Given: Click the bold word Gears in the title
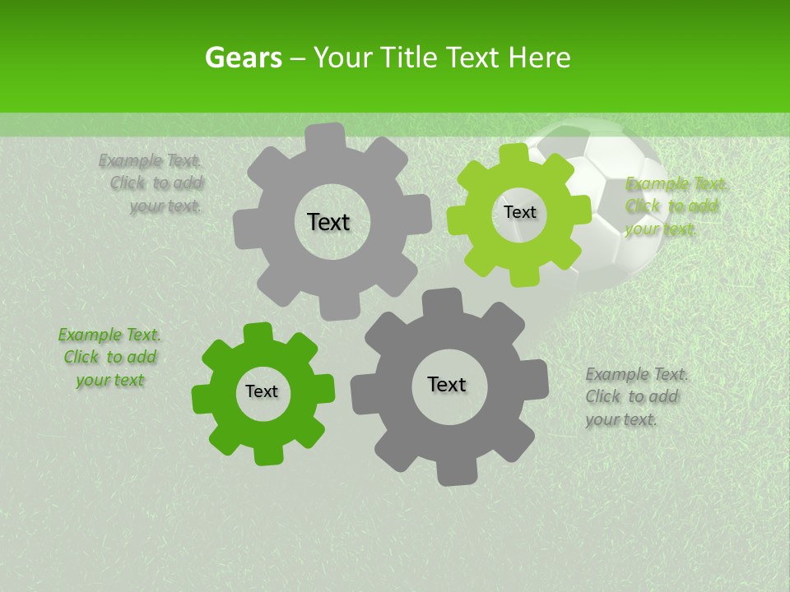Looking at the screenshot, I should click(x=243, y=58).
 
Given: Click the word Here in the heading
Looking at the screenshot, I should click(x=539, y=58).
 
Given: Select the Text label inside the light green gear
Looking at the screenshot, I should click(x=519, y=212).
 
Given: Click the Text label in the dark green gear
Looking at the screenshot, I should click(x=262, y=392).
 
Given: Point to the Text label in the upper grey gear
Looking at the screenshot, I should click(x=328, y=222).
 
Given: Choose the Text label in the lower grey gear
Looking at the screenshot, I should click(x=447, y=384).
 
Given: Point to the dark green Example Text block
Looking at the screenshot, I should click(x=109, y=358).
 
